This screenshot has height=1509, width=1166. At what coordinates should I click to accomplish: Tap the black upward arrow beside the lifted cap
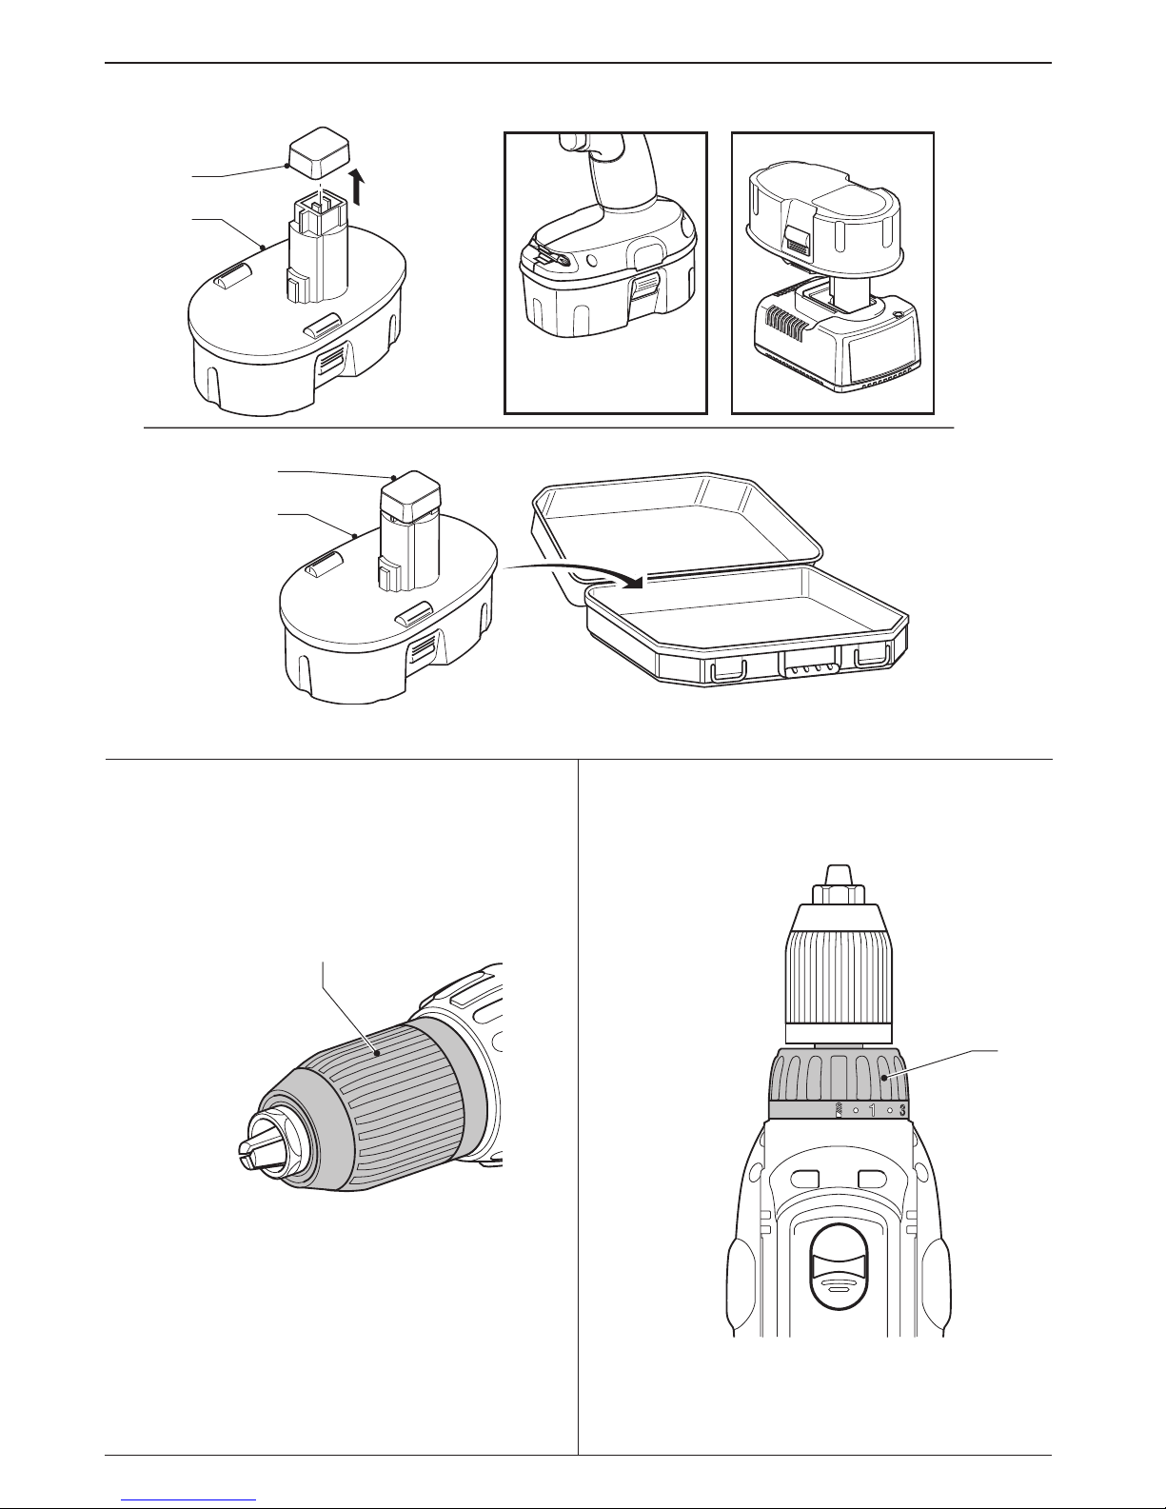(x=358, y=189)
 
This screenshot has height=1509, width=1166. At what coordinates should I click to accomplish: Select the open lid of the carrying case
(x=677, y=532)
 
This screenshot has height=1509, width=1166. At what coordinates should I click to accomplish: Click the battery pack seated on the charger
(x=825, y=222)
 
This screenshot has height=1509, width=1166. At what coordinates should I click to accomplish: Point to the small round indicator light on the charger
(x=899, y=313)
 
